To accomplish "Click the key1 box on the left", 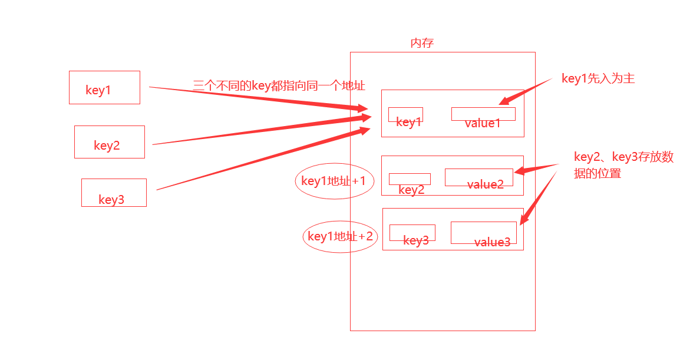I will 104,87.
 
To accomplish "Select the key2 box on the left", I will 109,142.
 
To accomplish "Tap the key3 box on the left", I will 114,193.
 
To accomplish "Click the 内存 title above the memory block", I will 422,44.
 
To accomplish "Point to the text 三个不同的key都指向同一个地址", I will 279,85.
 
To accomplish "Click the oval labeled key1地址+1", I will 334,181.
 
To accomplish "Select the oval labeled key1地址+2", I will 340,237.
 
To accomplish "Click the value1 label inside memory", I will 483,123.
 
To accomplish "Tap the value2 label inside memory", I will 486,184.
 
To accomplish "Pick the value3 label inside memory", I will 492,242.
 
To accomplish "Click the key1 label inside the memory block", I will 409,123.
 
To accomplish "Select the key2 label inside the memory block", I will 411,190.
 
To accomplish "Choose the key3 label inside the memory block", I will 416,240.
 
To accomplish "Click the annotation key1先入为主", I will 598,78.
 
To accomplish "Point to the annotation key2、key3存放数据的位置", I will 623,165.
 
